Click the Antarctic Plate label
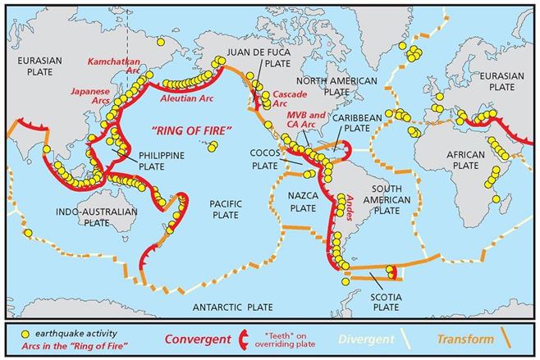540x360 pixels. point(231,307)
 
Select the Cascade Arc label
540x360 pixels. point(291,98)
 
